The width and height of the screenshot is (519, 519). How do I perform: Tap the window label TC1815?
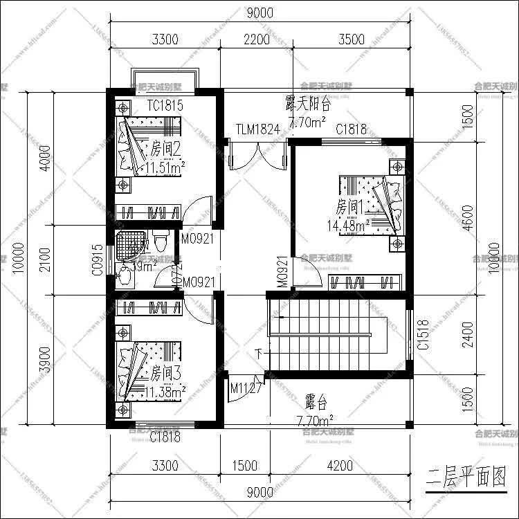(165, 106)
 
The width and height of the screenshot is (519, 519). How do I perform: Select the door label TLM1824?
(257, 130)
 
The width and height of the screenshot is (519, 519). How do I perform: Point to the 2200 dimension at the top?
(257, 39)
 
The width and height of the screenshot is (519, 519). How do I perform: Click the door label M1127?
(246, 388)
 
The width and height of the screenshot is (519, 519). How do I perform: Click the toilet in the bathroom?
(161, 242)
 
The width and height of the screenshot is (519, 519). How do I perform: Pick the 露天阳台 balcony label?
(308, 104)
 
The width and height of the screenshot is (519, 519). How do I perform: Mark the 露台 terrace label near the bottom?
(316, 403)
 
